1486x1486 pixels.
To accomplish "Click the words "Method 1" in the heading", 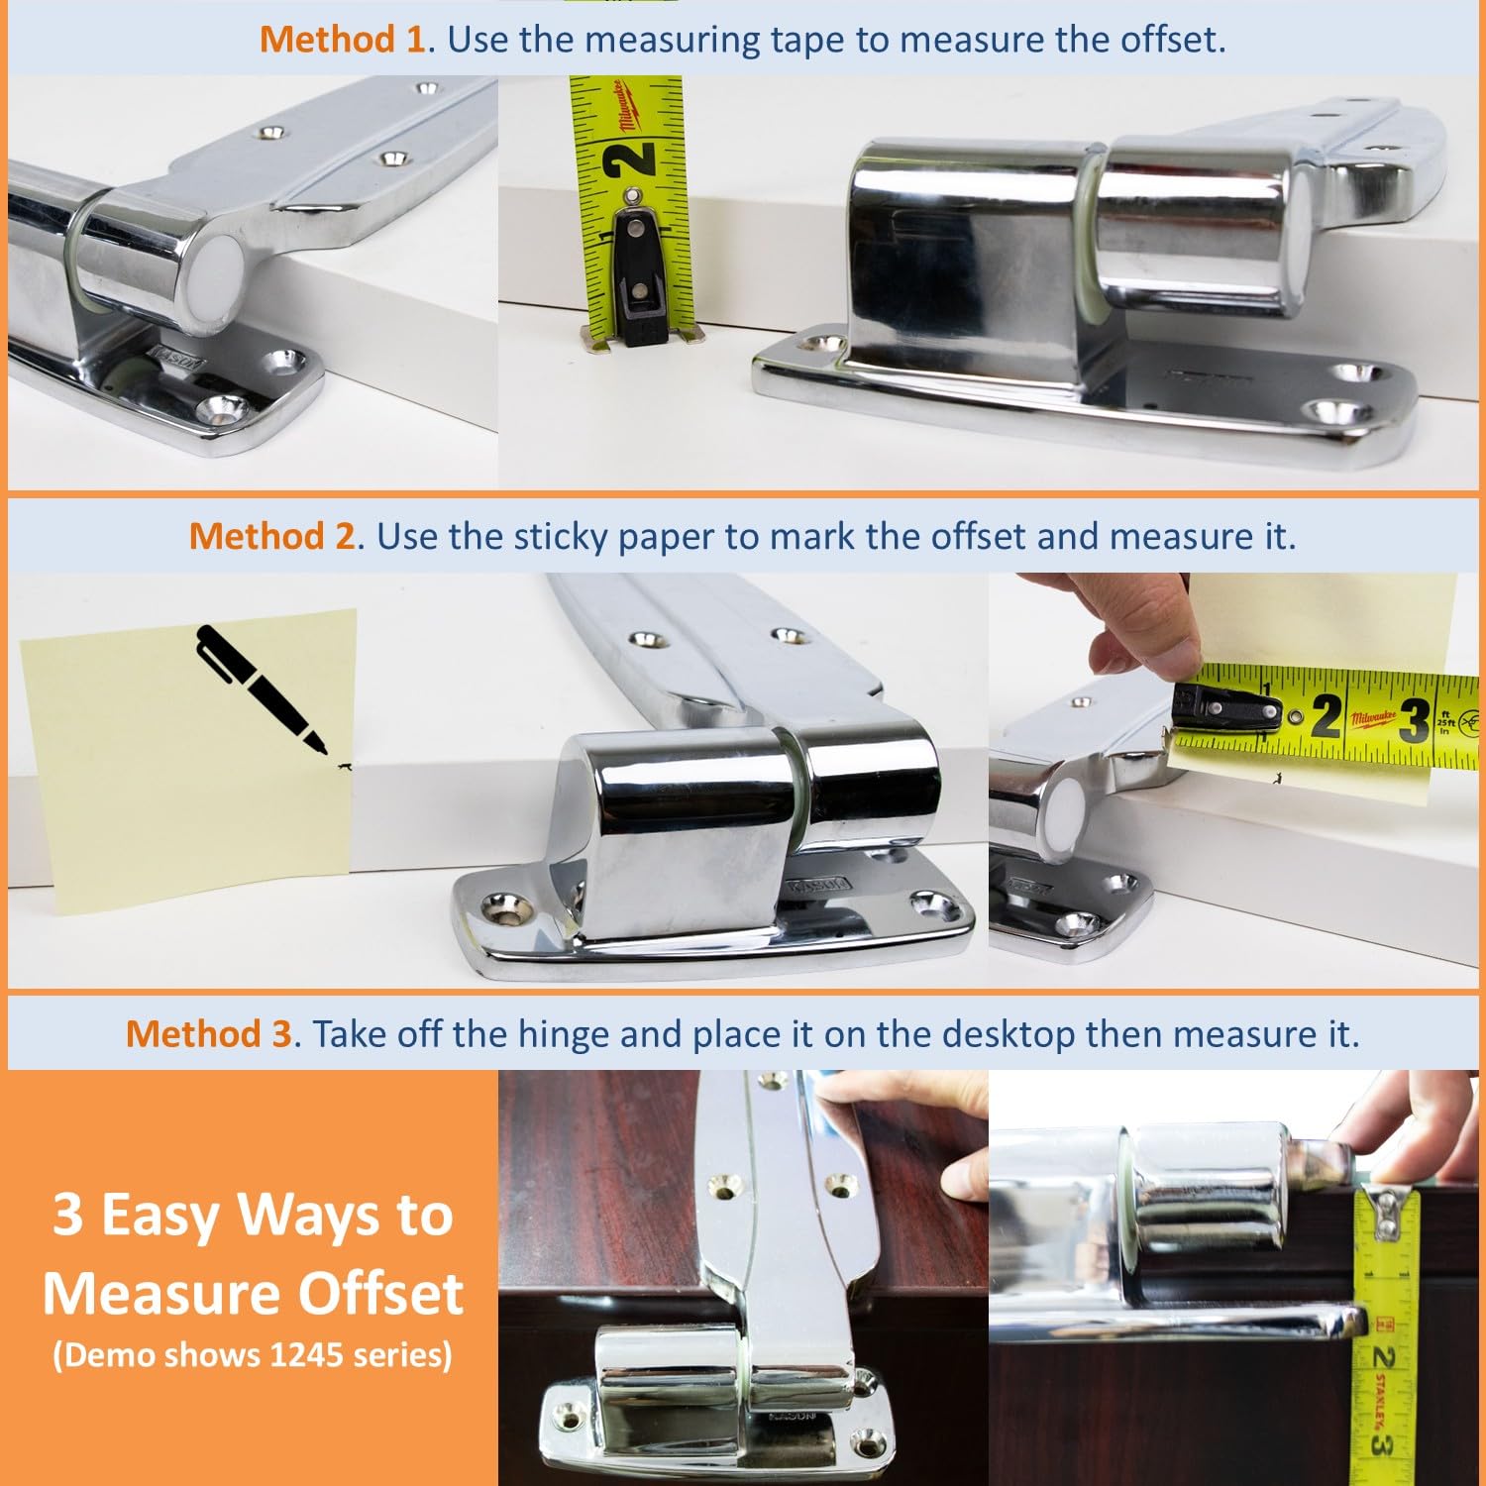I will coord(342,40).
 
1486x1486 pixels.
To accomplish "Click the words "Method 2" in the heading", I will coord(271,536).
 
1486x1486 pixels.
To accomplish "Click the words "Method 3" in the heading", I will coord(208,1033).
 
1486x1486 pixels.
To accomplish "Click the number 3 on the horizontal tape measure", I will coord(1414,719).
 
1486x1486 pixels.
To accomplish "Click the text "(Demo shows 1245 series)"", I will coord(253,1354).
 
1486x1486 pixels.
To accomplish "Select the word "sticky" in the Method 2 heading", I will coord(561,536).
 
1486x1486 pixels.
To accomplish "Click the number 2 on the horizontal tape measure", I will coord(1327,715).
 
